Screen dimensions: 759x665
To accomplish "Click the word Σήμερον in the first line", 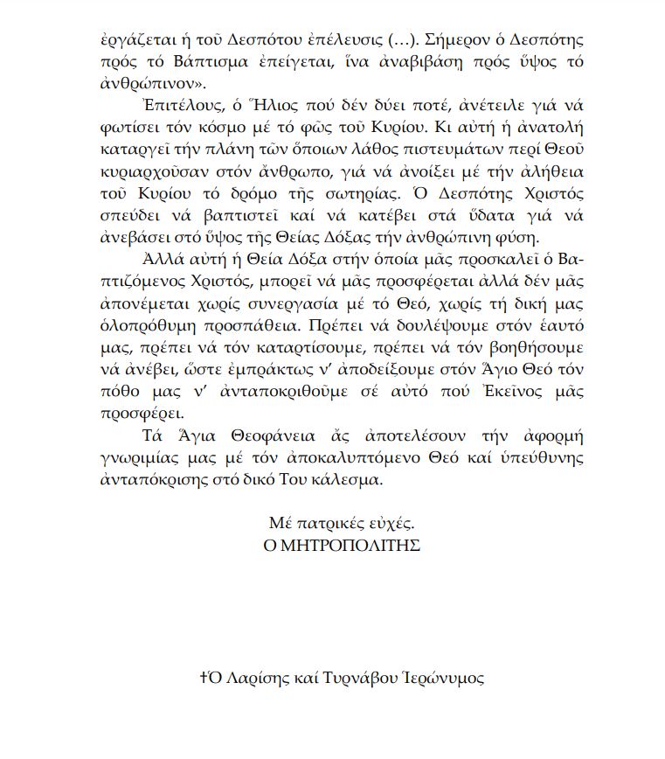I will coord(419,42).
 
